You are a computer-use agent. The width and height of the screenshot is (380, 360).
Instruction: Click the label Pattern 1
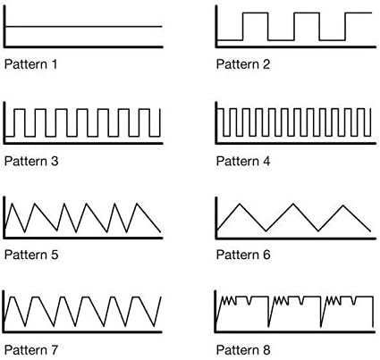point(30,64)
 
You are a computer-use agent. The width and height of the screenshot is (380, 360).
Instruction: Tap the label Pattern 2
point(243,64)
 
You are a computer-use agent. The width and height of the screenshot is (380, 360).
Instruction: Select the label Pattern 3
point(31,161)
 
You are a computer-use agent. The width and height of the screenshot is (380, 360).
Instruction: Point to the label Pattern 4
point(243,161)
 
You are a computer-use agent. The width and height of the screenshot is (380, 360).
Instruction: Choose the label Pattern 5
point(31,255)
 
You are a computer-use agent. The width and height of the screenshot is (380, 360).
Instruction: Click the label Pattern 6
point(243,255)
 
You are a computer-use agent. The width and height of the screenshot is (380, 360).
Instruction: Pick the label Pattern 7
point(31,350)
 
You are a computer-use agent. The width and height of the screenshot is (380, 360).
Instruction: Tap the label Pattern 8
point(243,350)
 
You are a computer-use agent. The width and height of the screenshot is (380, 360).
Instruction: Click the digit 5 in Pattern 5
point(54,255)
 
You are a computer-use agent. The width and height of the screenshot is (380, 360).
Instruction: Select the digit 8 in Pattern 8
point(266,350)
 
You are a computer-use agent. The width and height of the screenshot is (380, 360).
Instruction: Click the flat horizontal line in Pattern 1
point(84,27)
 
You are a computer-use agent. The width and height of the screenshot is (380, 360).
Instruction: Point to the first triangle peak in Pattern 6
point(240,204)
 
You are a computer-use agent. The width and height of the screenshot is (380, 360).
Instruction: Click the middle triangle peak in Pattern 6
point(293,204)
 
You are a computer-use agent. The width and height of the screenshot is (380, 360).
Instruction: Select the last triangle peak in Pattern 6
point(343,205)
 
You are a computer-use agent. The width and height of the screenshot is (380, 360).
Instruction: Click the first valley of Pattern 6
point(266,230)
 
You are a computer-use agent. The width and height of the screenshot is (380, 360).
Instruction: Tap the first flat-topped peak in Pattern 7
point(13,297)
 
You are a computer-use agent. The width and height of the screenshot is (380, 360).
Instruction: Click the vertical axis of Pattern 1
point(4,26)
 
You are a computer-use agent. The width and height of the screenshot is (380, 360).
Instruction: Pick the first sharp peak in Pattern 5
point(12,205)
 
